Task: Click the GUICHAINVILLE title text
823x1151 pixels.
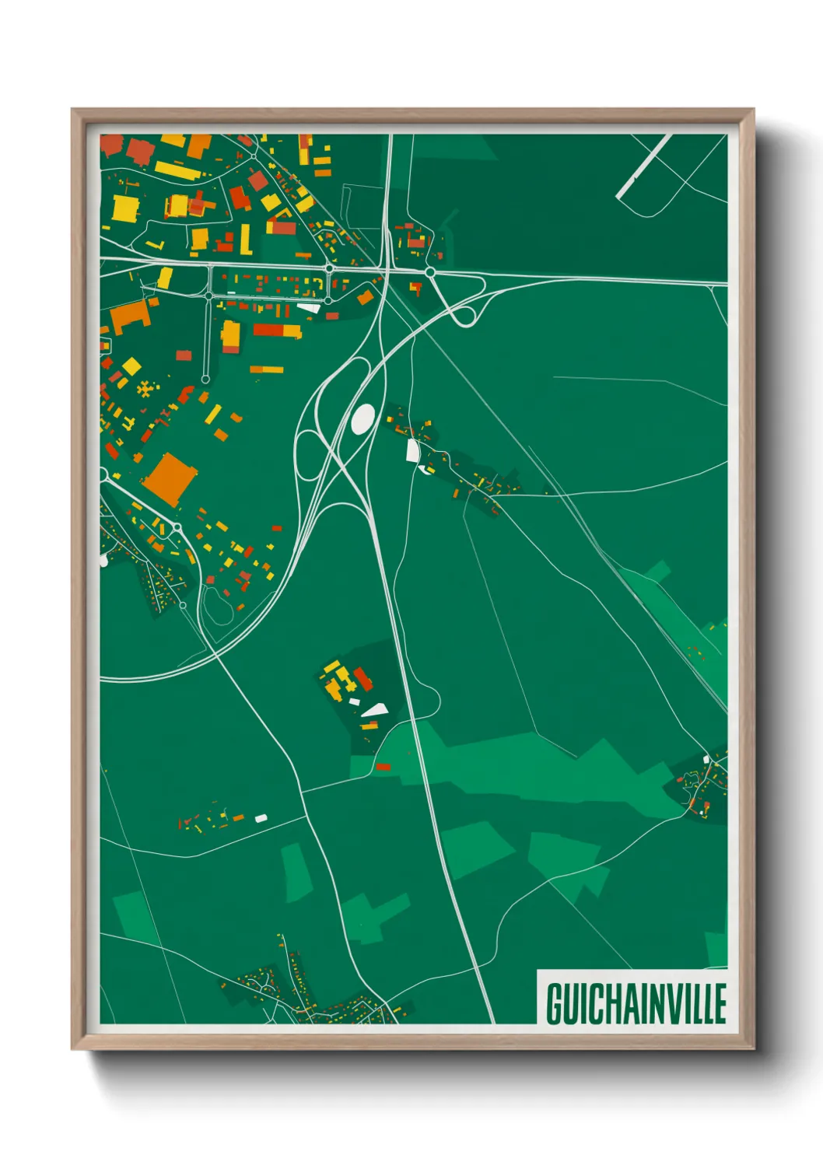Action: [636, 1002]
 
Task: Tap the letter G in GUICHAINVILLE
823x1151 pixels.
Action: [555, 1003]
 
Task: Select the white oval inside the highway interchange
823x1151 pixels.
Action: [362, 418]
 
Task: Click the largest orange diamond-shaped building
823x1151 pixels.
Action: [170, 478]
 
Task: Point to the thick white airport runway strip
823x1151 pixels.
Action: [644, 166]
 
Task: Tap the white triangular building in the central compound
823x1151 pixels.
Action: [375, 709]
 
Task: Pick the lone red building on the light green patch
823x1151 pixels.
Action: [383, 767]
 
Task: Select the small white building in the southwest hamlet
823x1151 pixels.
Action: [261, 817]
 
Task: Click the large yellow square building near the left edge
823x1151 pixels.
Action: [124, 208]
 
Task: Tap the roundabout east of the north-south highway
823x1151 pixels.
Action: [429, 272]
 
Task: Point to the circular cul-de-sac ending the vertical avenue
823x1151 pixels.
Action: [205, 380]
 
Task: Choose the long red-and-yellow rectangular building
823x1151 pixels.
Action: [276, 331]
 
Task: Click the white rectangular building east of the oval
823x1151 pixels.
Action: [411, 450]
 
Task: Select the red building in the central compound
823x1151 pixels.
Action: [363, 678]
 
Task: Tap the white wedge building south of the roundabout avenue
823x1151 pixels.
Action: [309, 308]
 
